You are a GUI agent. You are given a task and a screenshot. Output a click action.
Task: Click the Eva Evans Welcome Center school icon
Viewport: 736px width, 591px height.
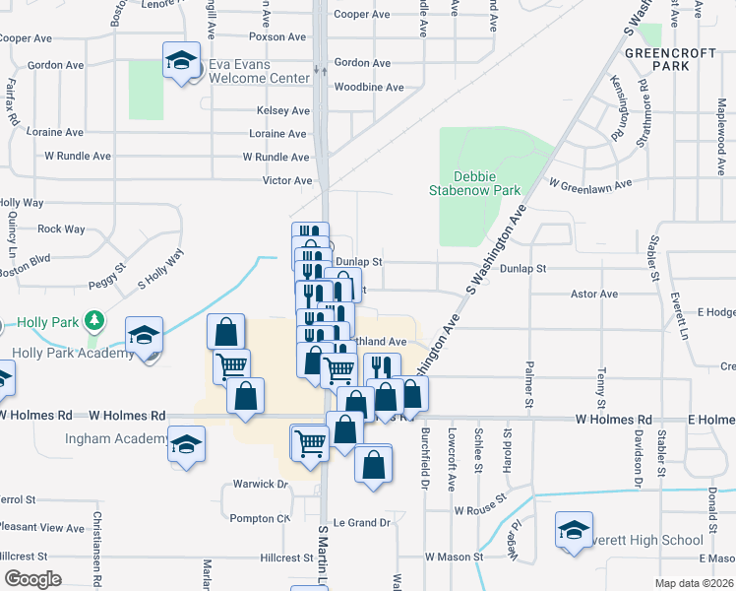(181, 62)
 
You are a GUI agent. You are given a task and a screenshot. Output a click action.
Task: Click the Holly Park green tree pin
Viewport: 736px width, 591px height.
(94, 320)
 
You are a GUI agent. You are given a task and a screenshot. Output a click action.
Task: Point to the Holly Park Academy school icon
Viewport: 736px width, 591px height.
(145, 335)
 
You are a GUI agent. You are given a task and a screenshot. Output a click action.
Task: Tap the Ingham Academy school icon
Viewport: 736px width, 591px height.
(185, 444)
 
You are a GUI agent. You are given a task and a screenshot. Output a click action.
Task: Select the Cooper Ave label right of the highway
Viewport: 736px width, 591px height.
(362, 15)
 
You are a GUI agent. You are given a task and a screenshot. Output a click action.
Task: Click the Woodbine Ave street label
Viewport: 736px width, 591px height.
(369, 88)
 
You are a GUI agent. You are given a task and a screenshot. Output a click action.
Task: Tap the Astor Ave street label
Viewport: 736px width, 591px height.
(595, 294)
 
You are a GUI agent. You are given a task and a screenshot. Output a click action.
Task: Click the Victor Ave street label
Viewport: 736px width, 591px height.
(287, 181)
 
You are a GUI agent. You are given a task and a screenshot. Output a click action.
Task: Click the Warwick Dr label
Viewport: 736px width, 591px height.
(260, 485)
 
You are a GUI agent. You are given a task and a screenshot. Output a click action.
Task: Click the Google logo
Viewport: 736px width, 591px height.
(33, 579)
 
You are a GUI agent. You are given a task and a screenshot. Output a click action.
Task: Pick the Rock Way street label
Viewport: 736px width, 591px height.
(61, 230)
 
